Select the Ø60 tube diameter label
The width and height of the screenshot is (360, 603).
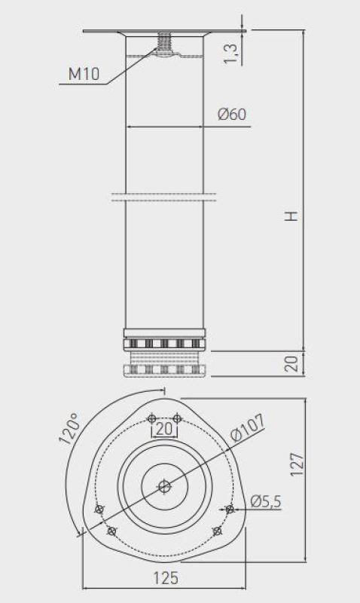click(x=232, y=115)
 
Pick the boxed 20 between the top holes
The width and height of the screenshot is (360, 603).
click(x=164, y=430)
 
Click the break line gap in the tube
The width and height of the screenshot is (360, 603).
click(x=164, y=197)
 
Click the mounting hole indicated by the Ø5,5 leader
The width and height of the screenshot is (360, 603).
click(x=230, y=510)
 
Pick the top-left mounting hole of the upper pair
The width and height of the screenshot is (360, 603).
click(x=151, y=418)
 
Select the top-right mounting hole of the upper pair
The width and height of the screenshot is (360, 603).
click(x=177, y=418)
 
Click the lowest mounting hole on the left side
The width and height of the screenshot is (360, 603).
click(x=111, y=532)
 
